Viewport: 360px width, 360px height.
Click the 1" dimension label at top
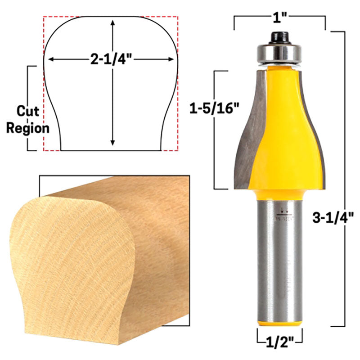(x=279, y=17)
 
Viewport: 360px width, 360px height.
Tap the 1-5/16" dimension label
(x=211, y=108)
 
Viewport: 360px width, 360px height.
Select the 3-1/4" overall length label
(x=334, y=218)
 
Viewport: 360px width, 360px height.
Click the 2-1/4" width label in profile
(x=111, y=59)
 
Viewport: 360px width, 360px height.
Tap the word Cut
(x=28, y=111)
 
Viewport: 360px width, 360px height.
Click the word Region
(x=28, y=128)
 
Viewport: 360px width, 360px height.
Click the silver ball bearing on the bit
(x=276, y=53)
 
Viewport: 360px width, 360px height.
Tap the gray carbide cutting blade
(x=249, y=130)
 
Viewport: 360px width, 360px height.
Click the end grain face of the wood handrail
(x=72, y=265)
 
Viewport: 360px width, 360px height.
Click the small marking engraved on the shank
(x=283, y=214)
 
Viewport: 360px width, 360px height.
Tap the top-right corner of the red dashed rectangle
(x=178, y=17)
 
